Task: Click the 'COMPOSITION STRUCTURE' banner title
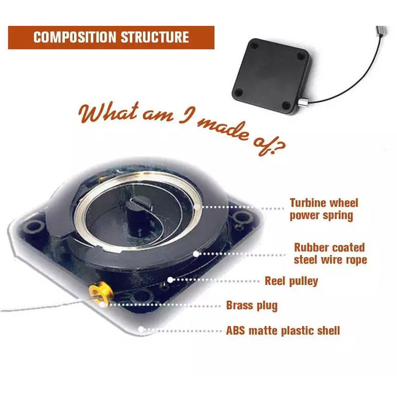coord(111,38)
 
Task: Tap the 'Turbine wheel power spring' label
coord(323,209)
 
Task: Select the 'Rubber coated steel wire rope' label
coord(330,254)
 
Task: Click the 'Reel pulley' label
coord(291,281)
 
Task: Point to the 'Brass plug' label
coord(251,305)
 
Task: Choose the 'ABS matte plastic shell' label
coord(283,331)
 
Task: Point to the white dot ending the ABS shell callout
coord(141,329)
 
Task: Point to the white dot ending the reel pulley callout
coord(170,279)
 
